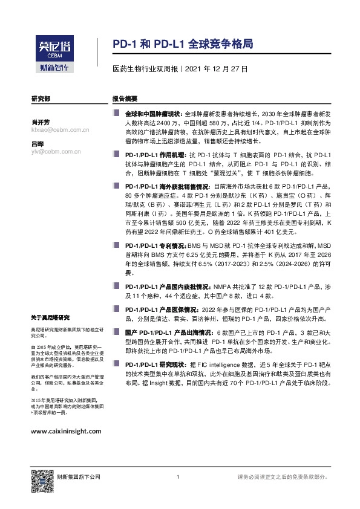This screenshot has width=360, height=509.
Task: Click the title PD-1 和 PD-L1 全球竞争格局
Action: click(183, 45)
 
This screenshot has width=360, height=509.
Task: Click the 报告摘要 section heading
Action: click(125, 98)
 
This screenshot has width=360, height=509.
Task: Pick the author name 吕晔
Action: click(38, 143)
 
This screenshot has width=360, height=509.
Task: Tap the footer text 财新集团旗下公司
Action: click(79, 477)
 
